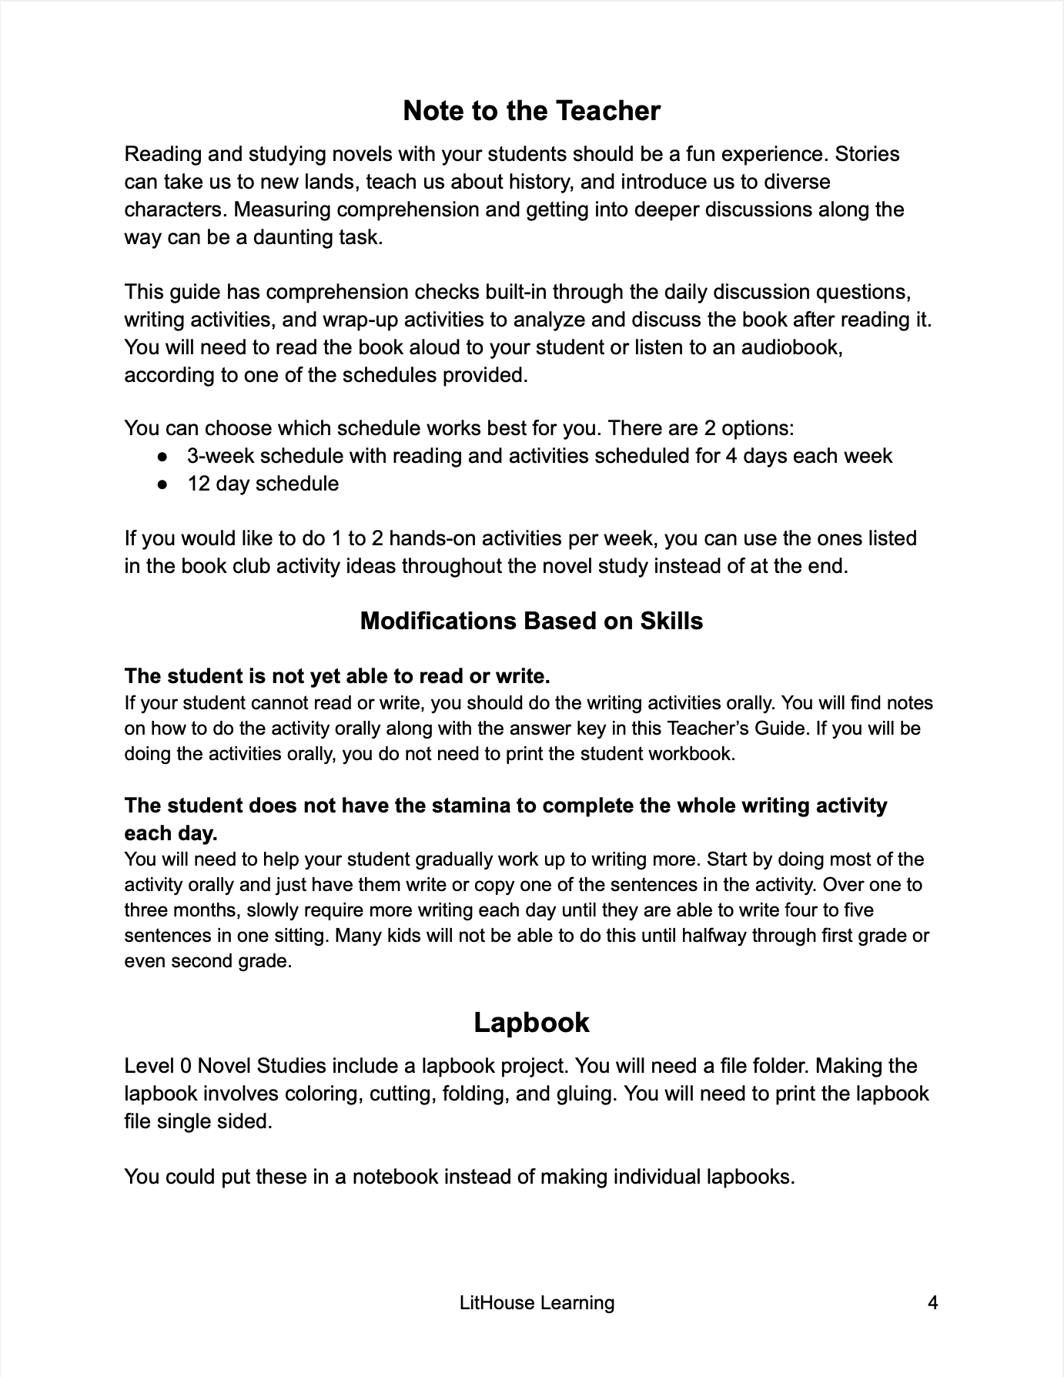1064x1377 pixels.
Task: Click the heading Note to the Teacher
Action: (x=531, y=111)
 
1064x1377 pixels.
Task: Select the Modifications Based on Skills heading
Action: (x=531, y=621)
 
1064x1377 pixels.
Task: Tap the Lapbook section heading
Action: (x=531, y=1022)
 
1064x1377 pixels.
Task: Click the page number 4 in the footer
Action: (x=932, y=1302)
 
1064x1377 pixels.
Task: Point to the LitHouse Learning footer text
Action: (x=537, y=1302)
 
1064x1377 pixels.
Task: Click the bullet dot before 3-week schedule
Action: (x=162, y=456)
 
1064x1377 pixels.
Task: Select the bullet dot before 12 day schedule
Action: (x=162, y=484)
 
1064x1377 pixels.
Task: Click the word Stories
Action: (x=868, y=154)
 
